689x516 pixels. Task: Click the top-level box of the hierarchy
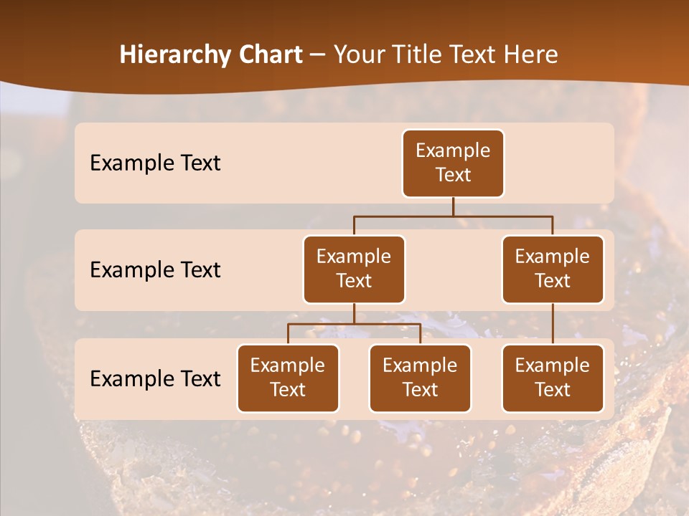[x=453, y=163]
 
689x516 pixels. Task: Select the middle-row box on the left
[x=354, y=269]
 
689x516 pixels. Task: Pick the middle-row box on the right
[x=553, y=269]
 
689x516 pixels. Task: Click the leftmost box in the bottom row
[x=288, y=378]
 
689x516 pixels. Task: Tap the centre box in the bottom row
[x=420, y=378]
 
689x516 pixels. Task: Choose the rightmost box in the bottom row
[x=553, y=378]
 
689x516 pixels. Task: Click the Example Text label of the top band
[x=155, y=163]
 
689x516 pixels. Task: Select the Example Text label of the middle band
[x=155, y=270]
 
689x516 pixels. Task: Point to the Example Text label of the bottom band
[x=155, y=378]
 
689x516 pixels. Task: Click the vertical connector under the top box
[x=453, y=206]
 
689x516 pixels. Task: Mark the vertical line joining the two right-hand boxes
[x=553, y=324]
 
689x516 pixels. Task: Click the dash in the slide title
[x=318, y=55]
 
